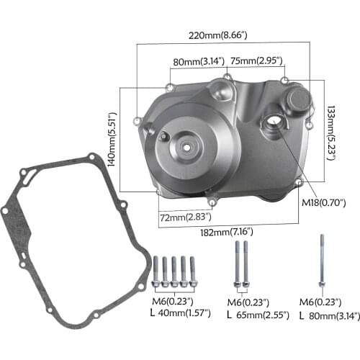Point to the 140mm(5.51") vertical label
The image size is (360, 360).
click(111, 140)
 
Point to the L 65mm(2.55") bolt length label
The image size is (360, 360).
click(257, 315)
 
